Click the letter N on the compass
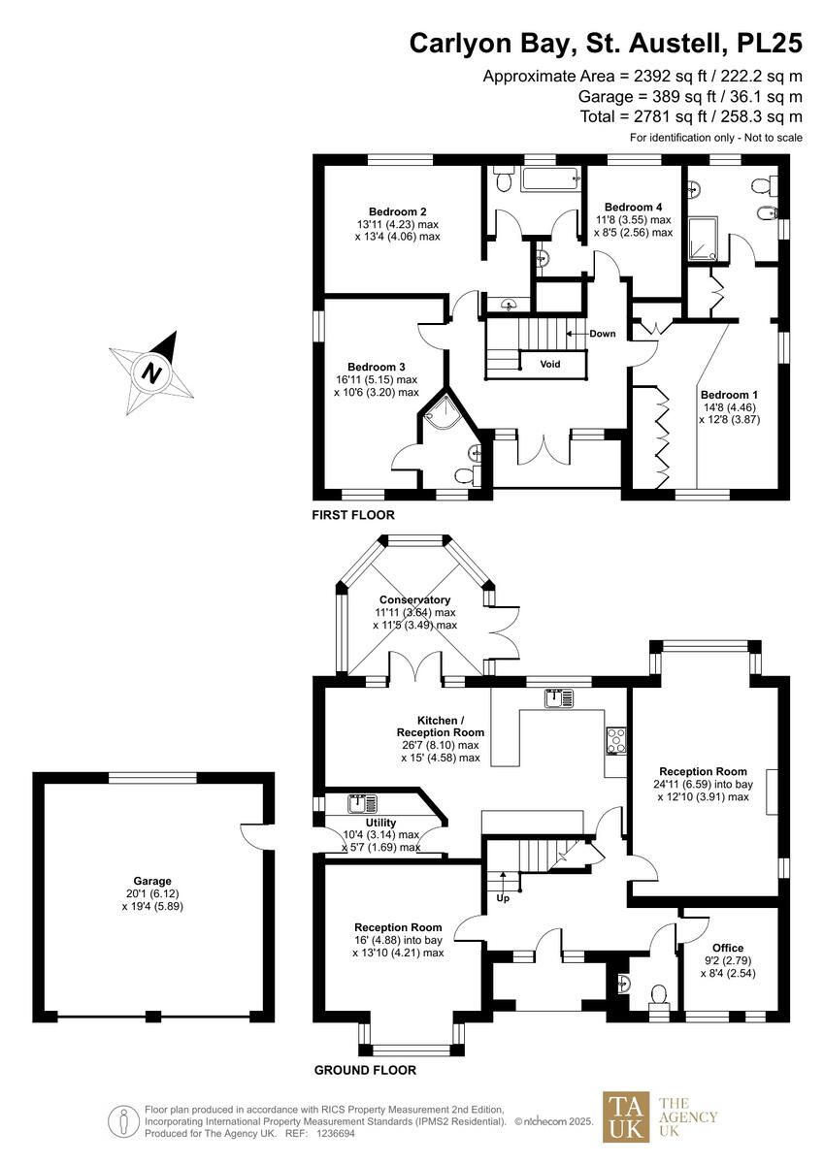(x=151, y=373)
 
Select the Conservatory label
(x=414, y=599)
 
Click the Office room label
(x=728, y=948)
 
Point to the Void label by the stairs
(x=550, y=364)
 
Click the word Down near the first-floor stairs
(x=603, y=334)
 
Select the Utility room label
(x=380, y=823)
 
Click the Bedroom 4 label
(x=633, y=207)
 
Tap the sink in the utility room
(x=363, y=804)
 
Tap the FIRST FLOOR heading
(x=353, y=515)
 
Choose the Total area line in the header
(x=691, y=115)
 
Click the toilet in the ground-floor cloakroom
(x=659, y=993)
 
